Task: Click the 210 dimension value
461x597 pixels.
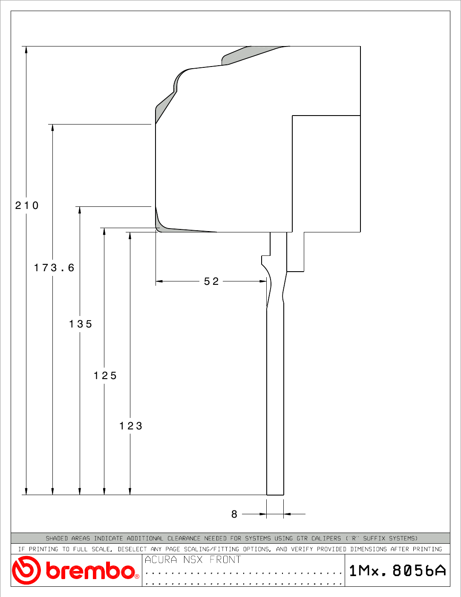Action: (x=26, y=205)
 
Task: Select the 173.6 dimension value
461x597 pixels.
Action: (x=54, y=268)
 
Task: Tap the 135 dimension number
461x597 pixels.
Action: (x=81, y=324)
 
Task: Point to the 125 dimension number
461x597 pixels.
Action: (x=105, y=376)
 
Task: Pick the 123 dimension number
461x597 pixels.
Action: (x=131, y=426)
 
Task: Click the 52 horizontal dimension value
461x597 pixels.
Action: (x=211, y=281)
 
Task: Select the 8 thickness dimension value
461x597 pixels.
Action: (x=234, y=514)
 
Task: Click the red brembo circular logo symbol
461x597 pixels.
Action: (x=26, y=570)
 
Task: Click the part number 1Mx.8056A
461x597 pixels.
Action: (x=398, y=571)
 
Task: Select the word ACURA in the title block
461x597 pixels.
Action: (x=161, y=559)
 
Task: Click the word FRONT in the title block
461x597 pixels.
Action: (x=225, y=559)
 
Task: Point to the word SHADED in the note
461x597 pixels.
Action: (x=57, y=538)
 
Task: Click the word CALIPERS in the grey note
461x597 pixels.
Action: (x=326, y=538)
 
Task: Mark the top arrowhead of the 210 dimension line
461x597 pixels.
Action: (x=26, y=49)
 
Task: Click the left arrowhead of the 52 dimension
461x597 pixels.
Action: (x=159, y=281)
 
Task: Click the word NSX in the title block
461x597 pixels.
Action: (x=193, y=559)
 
